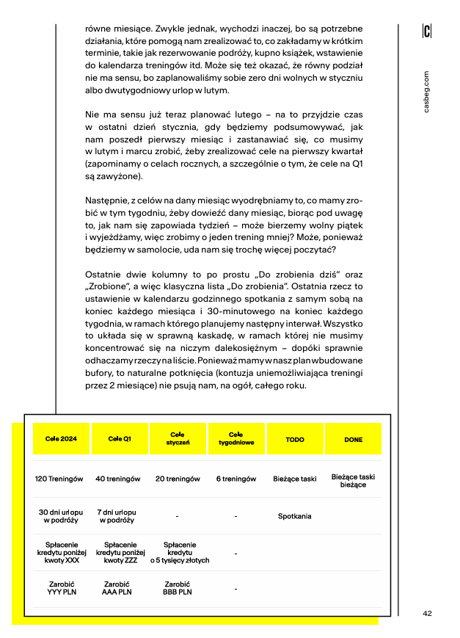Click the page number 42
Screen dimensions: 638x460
click(x=427, y=614)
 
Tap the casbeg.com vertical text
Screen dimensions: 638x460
click(x=427, y=92)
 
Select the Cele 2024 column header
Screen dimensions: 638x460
click(x=61, y=439)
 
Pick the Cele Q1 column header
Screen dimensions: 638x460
click(x=120, y=439)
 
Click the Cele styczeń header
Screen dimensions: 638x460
click(x=178, y=439)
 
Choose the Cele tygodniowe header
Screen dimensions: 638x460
click(x=236, y=439)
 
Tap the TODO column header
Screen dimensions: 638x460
click(x=295, y=439)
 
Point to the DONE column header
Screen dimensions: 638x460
click(x=353, y=439)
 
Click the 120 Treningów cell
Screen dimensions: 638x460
click(x=61, y=479)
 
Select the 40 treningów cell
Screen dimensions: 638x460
click(x=118, y=479)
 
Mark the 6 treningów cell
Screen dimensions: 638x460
click(x=236, y=479)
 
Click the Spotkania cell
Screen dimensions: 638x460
click(x=294, y=516)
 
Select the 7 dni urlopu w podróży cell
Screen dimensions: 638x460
click(x=117, y=516)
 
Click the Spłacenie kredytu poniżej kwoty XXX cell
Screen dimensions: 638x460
click(x=62, y=552)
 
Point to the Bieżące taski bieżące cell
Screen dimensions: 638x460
click(x=353, y=481)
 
